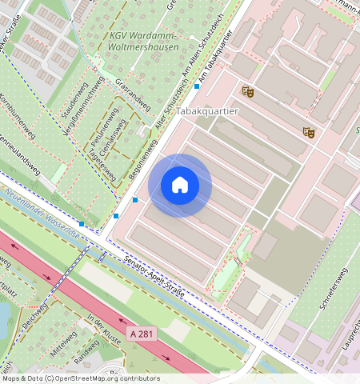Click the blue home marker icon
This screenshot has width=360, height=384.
point(180,186)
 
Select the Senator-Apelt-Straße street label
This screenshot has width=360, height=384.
point(154,277)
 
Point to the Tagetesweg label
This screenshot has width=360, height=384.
point(102,163)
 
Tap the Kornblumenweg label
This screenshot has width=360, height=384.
point(17,117)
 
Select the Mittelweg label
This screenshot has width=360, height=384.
point(63,344)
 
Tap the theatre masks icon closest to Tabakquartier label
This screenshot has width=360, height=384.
point(247,92)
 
